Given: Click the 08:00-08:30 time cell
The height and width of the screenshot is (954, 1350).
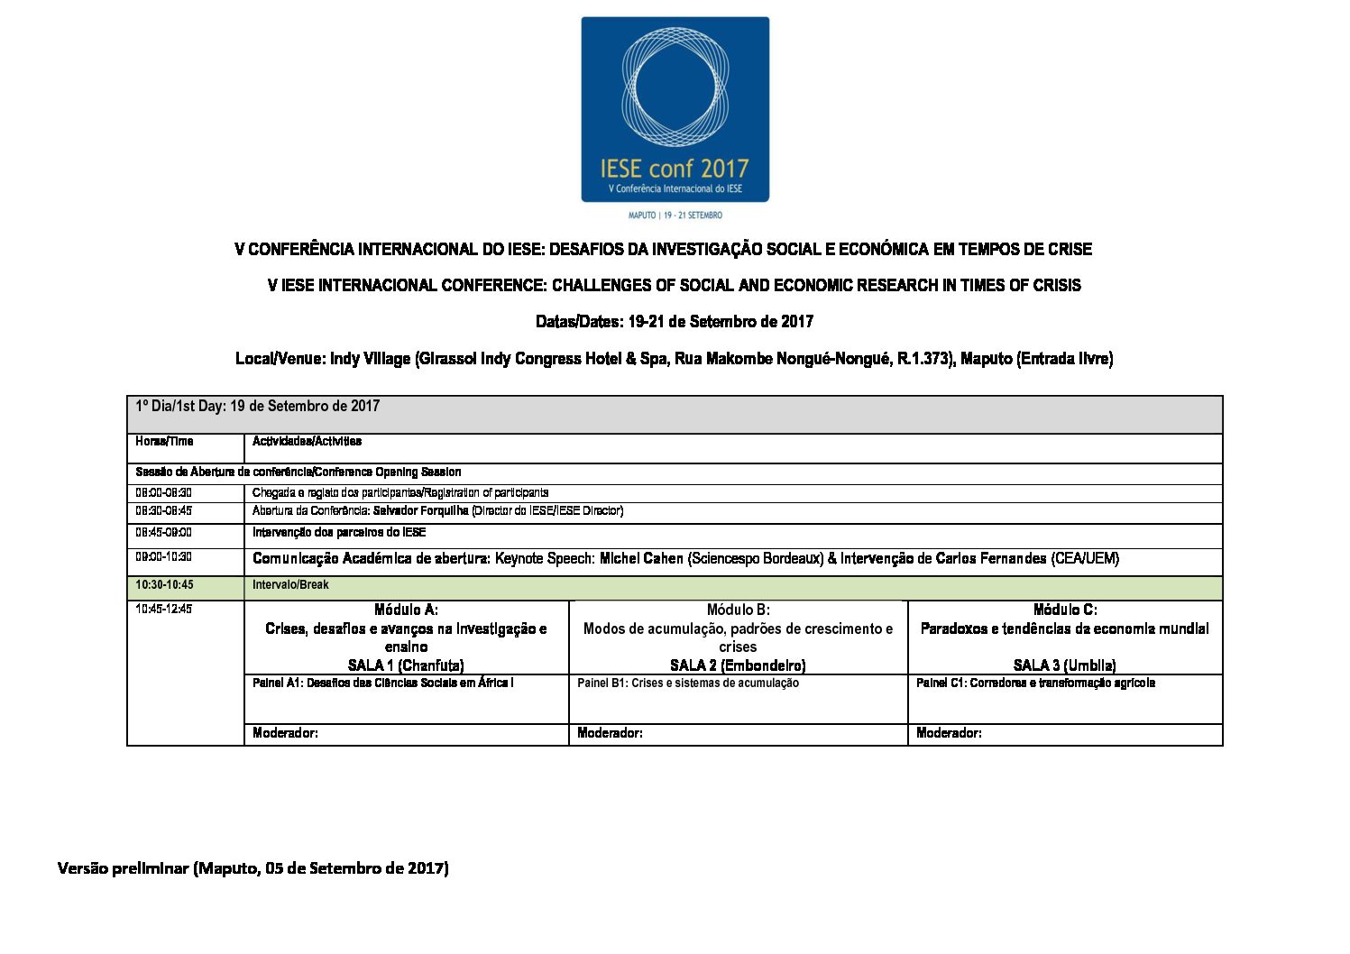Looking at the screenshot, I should [163, 493].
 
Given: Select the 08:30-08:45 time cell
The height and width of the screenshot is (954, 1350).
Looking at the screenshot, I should [163, 511].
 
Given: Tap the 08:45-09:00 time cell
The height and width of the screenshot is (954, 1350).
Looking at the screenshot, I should [163, 533].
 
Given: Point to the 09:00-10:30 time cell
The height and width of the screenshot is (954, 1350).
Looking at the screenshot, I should [163, 558].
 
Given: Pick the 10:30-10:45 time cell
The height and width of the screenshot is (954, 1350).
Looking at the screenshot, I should [164, 585].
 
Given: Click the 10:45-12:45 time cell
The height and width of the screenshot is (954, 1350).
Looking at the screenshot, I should [163, 610].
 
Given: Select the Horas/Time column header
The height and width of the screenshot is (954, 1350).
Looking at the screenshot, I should [164, 442].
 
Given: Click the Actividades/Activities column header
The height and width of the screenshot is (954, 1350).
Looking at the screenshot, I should [307, 442].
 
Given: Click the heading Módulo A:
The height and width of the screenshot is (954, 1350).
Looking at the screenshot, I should [406, 610].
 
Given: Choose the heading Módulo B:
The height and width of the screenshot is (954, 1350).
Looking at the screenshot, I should [738, 610].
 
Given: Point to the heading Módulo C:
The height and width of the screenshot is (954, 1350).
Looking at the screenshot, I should [1065, 610].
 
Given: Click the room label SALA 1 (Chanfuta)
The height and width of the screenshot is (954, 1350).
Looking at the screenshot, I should [406, 665].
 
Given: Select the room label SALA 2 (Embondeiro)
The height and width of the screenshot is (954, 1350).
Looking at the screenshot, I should [738, 665].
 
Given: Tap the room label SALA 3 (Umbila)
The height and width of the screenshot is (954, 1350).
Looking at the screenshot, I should [1065, 665].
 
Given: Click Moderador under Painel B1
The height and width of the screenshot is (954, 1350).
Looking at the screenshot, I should [610, 734].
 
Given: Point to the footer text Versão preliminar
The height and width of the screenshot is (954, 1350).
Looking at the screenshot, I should [123, 868].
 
